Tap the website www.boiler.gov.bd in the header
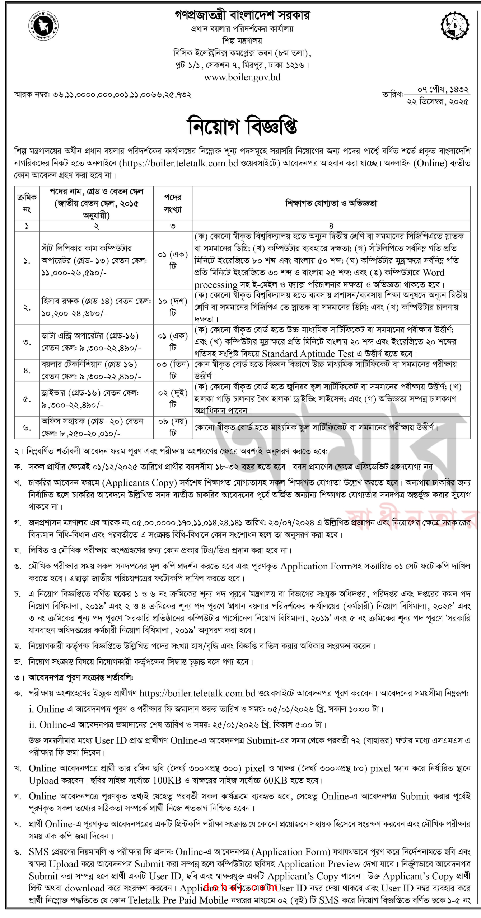(x=242, y=77)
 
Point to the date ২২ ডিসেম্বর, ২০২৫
(x=438, y=102)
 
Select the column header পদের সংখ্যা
(x=173, y=203)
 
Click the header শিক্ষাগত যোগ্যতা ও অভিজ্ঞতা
(x=331, y=203)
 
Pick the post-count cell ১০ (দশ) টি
(x=173, y=307)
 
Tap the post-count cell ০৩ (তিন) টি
(x=173, y=370)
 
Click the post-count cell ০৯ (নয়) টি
(x=173, y=427)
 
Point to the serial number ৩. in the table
(x=27, y=342)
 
